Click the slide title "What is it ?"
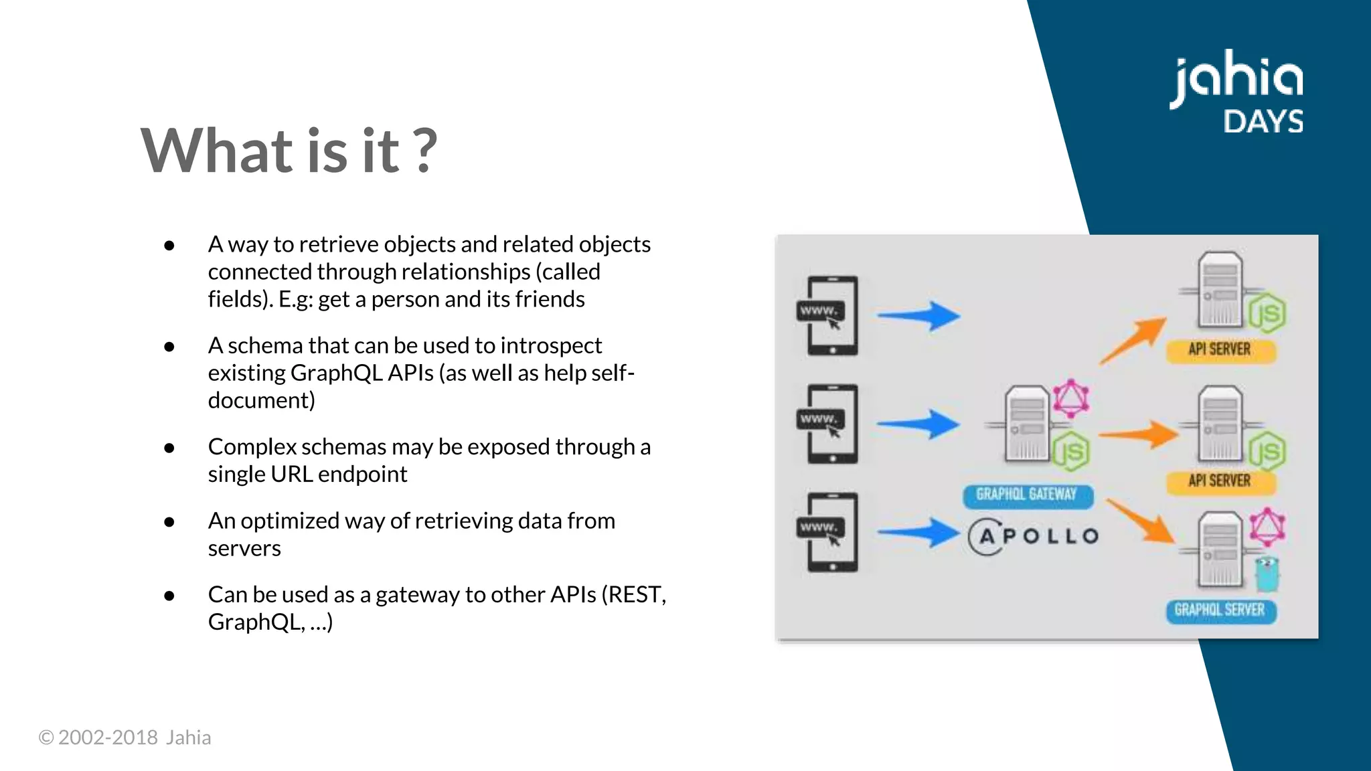(x=289, y=151)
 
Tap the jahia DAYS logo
(x=1237, y=92)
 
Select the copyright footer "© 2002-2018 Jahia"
(x=125, y=738)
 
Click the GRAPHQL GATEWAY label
(x=1027, y=495)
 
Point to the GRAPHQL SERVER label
(x=1220, y=610)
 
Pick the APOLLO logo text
(x=1034, y=536)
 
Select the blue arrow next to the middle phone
(x=918, y=424)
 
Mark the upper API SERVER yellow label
(x=1220, y=349)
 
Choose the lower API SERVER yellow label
(x=1220, y=481)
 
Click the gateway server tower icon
(x=1027, y=424)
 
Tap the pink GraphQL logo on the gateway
(x=1070, y=399)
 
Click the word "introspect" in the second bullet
(x=551, y=345)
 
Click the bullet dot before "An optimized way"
(x=169, y=521)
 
